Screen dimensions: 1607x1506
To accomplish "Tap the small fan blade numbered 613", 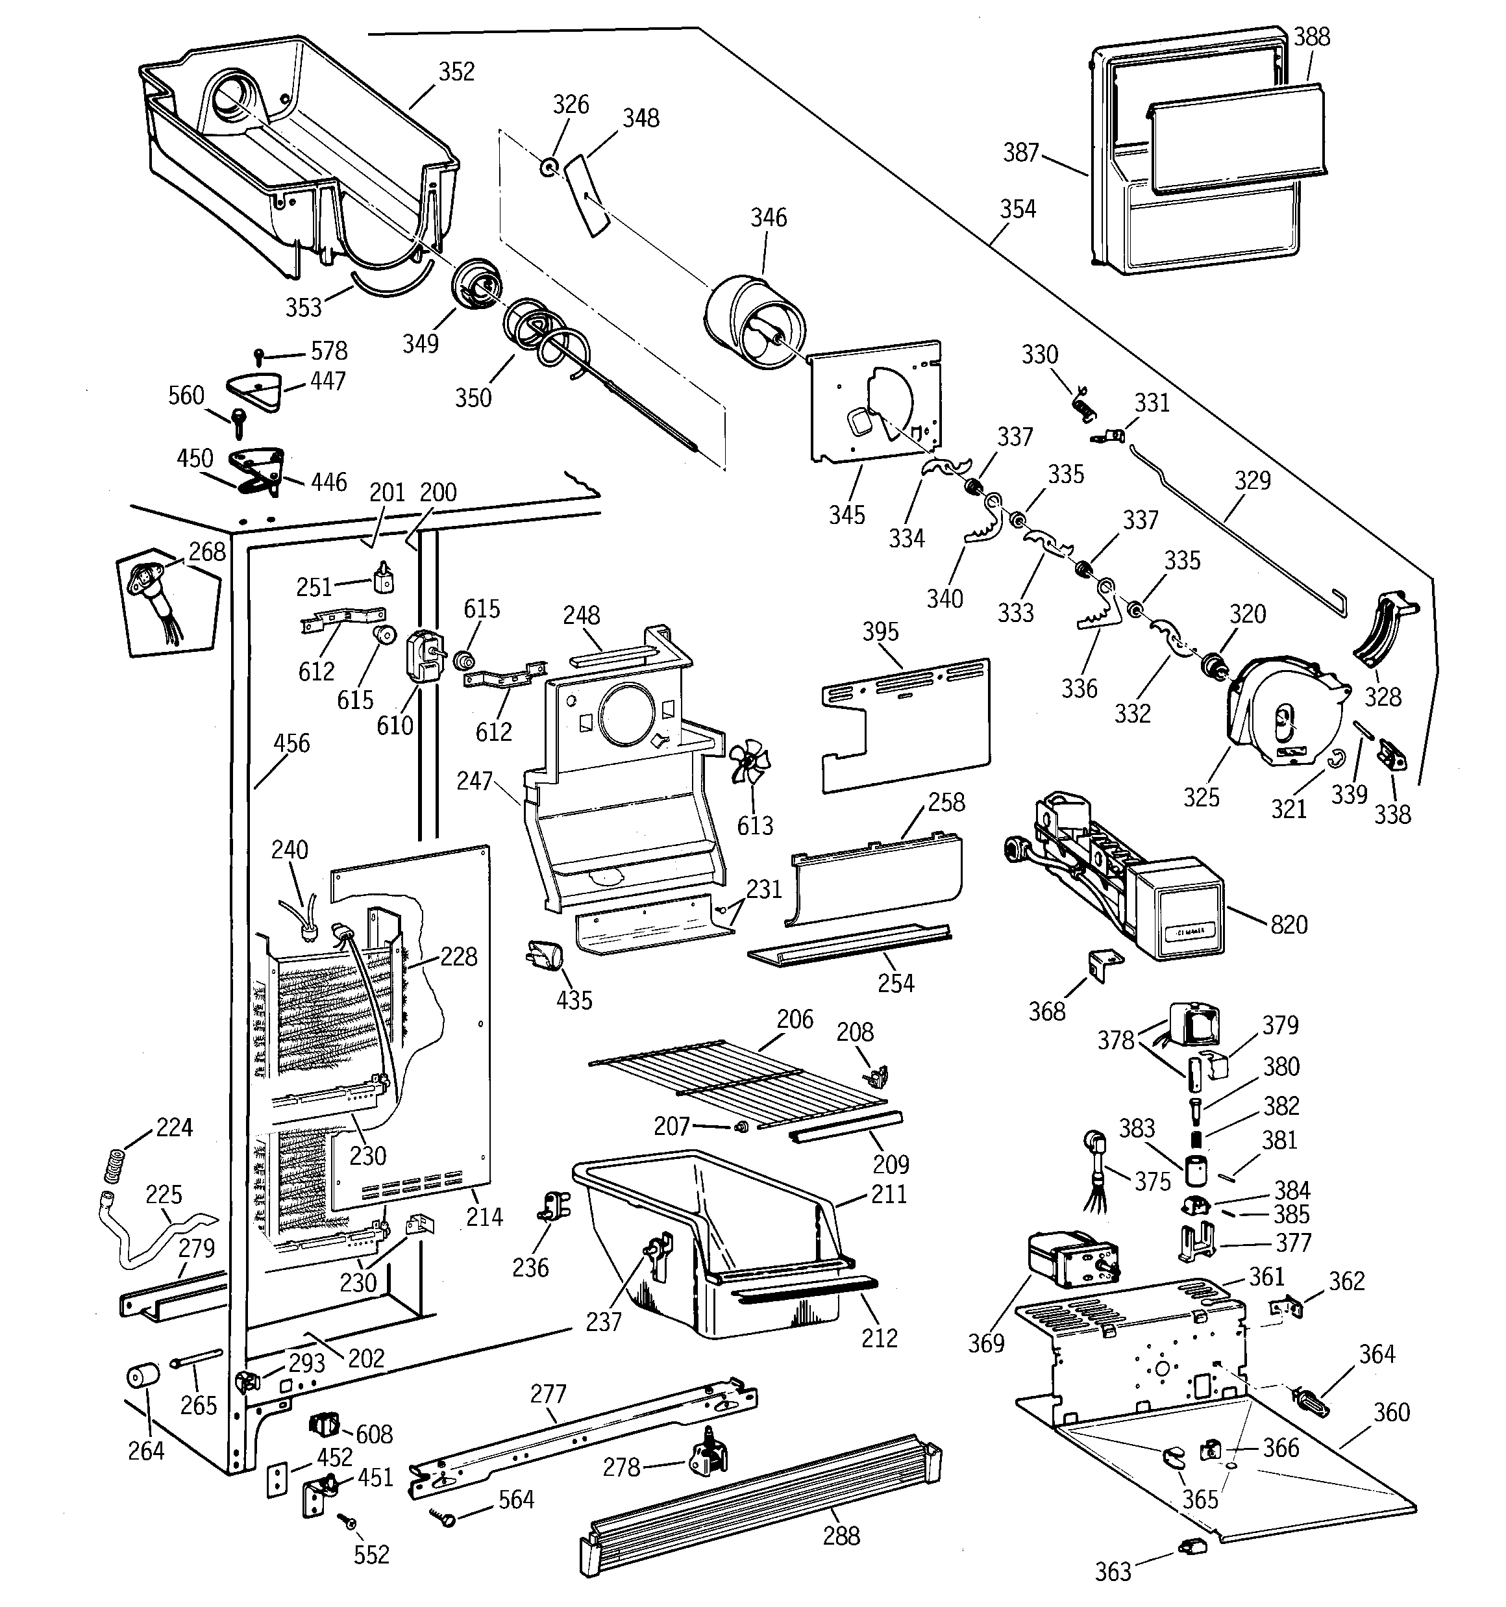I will [749, 763].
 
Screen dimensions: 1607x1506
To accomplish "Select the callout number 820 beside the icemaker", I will [1289, 924].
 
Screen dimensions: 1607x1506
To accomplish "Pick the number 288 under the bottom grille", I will [841, 1536].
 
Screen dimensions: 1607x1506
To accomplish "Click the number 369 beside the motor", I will [985, 1343].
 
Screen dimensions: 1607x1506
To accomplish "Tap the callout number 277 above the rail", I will [548, 1393].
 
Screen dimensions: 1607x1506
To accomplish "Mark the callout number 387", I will [1020, 152].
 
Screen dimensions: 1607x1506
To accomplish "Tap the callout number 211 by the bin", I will [889, 1194].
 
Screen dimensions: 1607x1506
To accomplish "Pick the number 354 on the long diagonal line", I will [1017, 209].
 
